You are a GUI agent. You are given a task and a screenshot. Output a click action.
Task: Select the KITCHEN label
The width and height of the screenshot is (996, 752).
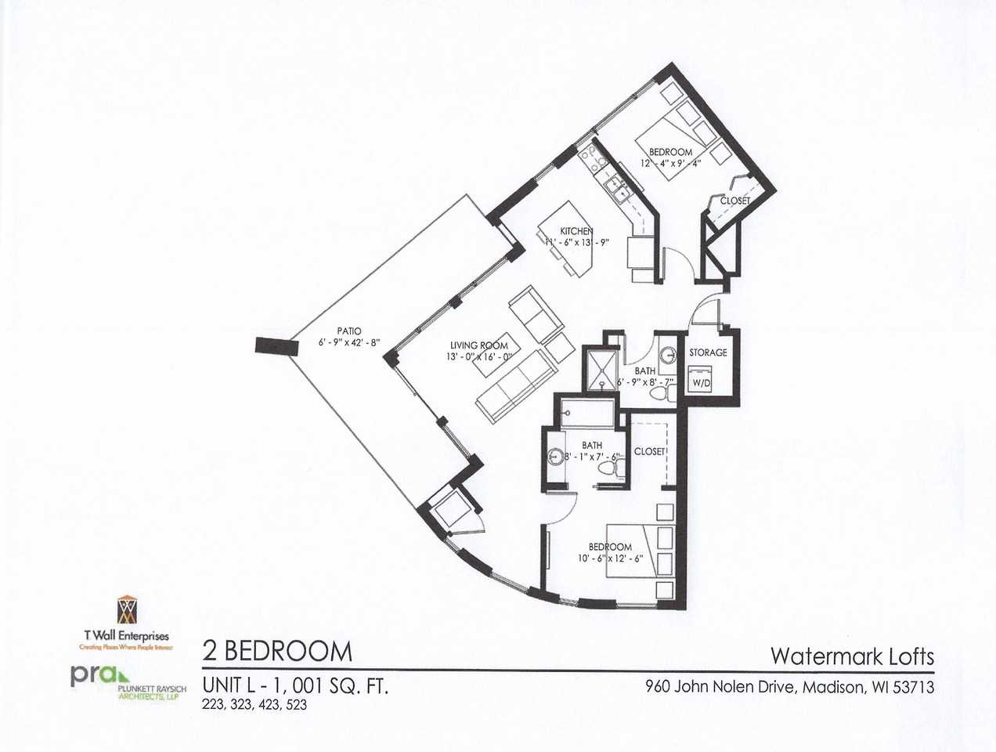(x=576, y=231)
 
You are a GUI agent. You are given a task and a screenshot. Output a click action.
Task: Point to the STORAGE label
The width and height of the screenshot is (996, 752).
(x=708, y=352)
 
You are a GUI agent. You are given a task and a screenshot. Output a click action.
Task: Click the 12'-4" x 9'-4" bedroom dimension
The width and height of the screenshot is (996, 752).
(x=670, y=164)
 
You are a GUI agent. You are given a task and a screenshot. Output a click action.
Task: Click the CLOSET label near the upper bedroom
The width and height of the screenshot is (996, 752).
(x=734, y=201)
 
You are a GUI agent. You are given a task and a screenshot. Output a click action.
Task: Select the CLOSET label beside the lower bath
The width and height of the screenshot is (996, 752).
(x=649, y=451)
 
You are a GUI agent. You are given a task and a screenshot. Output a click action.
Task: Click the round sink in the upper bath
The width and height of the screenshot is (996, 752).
(x=668, y=355)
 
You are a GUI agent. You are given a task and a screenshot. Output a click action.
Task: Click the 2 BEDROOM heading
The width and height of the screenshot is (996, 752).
(x=277, y=651)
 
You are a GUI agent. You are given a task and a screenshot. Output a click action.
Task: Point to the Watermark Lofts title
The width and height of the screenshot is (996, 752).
(x=853, y=655)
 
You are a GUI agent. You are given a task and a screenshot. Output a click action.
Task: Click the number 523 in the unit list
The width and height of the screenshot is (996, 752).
(x=295, y=704)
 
